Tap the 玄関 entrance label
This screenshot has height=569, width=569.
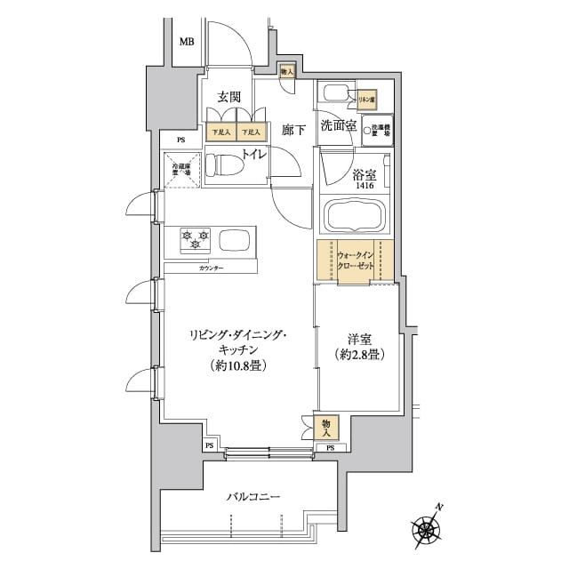pyautogui.click(x=229, y=98)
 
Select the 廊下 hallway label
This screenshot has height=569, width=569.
pyautogui.click(x=293, y=130)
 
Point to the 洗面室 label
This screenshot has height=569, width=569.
pyautogui.click(x=339, y=126)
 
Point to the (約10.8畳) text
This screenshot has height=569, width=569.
pyautogui.click(x=236, y=365)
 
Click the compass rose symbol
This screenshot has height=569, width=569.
pyautogui.click(x=429, y=531)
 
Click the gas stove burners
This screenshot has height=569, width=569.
pyautogui.click(x=195, y=237)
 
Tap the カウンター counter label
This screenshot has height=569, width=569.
pyautogui.click(x=211, y=268)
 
